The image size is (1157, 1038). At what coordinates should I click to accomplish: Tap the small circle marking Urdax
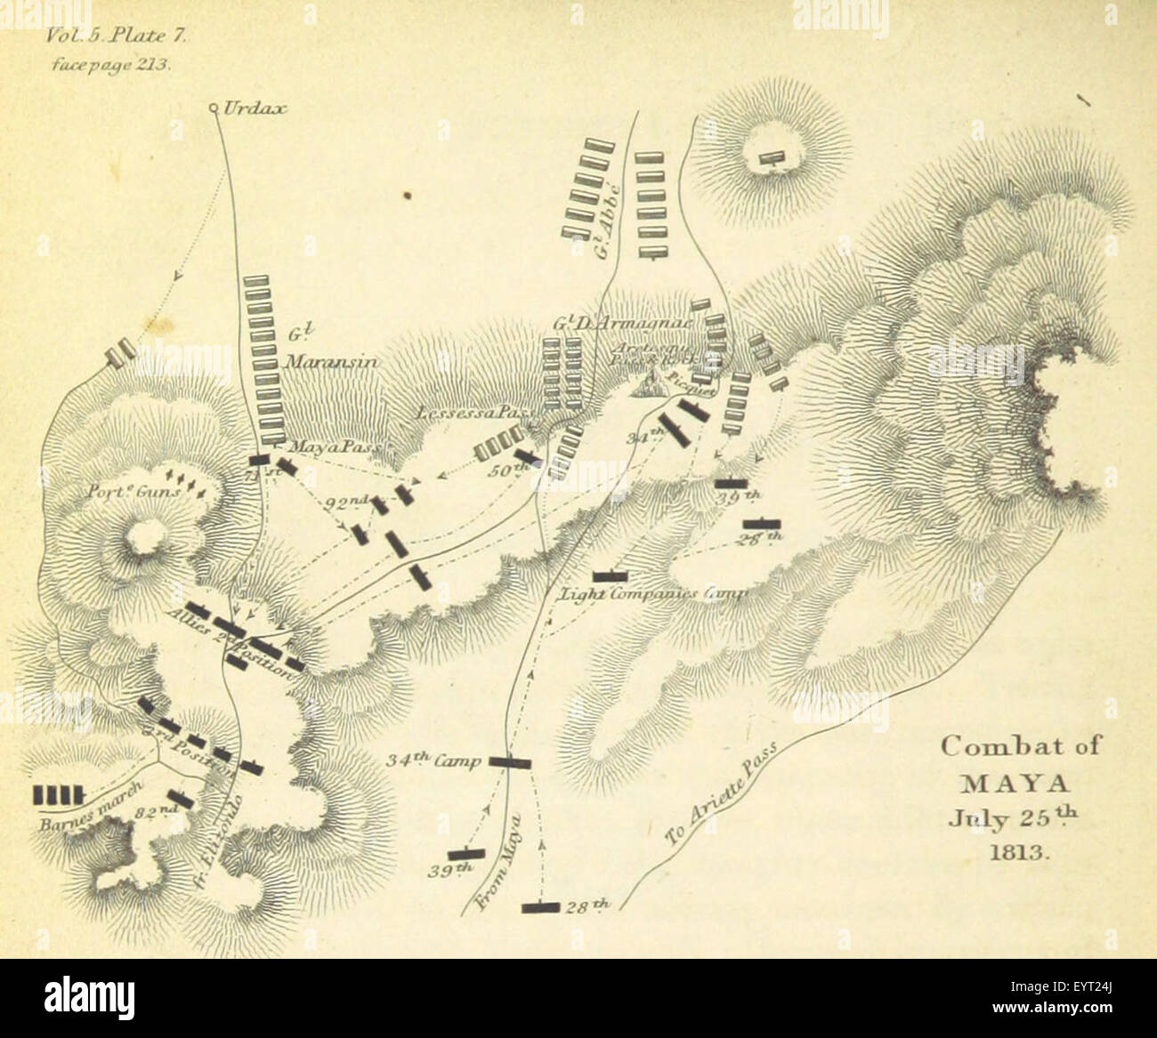[214, 109]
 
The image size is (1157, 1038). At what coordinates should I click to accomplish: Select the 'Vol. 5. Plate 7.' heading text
[112, 37]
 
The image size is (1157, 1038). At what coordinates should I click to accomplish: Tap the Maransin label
[332, 362]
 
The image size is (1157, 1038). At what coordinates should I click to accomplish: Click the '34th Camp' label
[433, 761]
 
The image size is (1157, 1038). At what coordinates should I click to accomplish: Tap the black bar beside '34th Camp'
[509, 762]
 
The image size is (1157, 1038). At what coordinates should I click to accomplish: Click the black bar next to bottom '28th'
[540, 907]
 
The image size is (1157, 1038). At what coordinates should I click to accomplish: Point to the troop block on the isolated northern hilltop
[771, 158]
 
